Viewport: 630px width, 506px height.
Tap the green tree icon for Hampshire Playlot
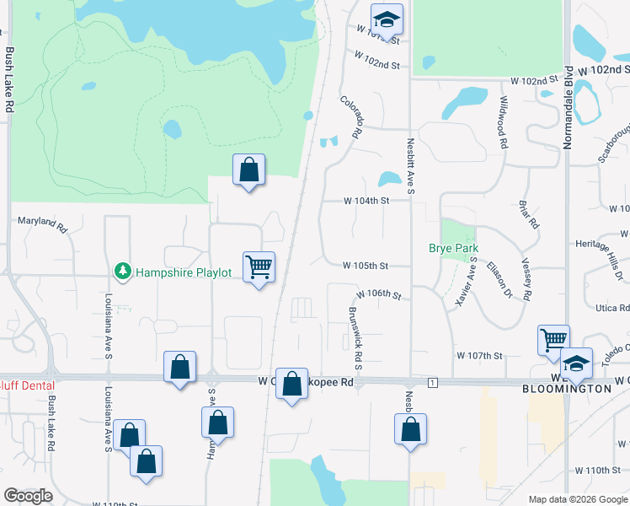(x=123, y=270)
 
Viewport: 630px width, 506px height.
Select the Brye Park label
(x=453, y=248)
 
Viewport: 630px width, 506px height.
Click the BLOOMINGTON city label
(x=568, y=389)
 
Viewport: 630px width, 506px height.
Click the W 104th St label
(x=366, y=202)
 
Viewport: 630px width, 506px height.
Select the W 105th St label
(x=365, y=266)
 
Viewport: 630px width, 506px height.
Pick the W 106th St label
(x=379, y=295)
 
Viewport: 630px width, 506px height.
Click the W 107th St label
(x=478, y=356)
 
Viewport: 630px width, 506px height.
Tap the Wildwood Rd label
(x=504, y=123)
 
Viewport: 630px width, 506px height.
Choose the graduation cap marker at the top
(x=387, y=19)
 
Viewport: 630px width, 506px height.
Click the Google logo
(x=29, y=496)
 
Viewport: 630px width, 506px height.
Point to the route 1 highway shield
(x=433, y=383)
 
